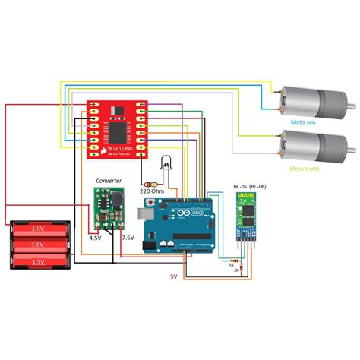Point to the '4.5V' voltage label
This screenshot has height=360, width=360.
point(95,238)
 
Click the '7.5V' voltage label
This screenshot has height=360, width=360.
point(128,238)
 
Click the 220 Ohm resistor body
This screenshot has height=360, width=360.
point(151,183)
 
